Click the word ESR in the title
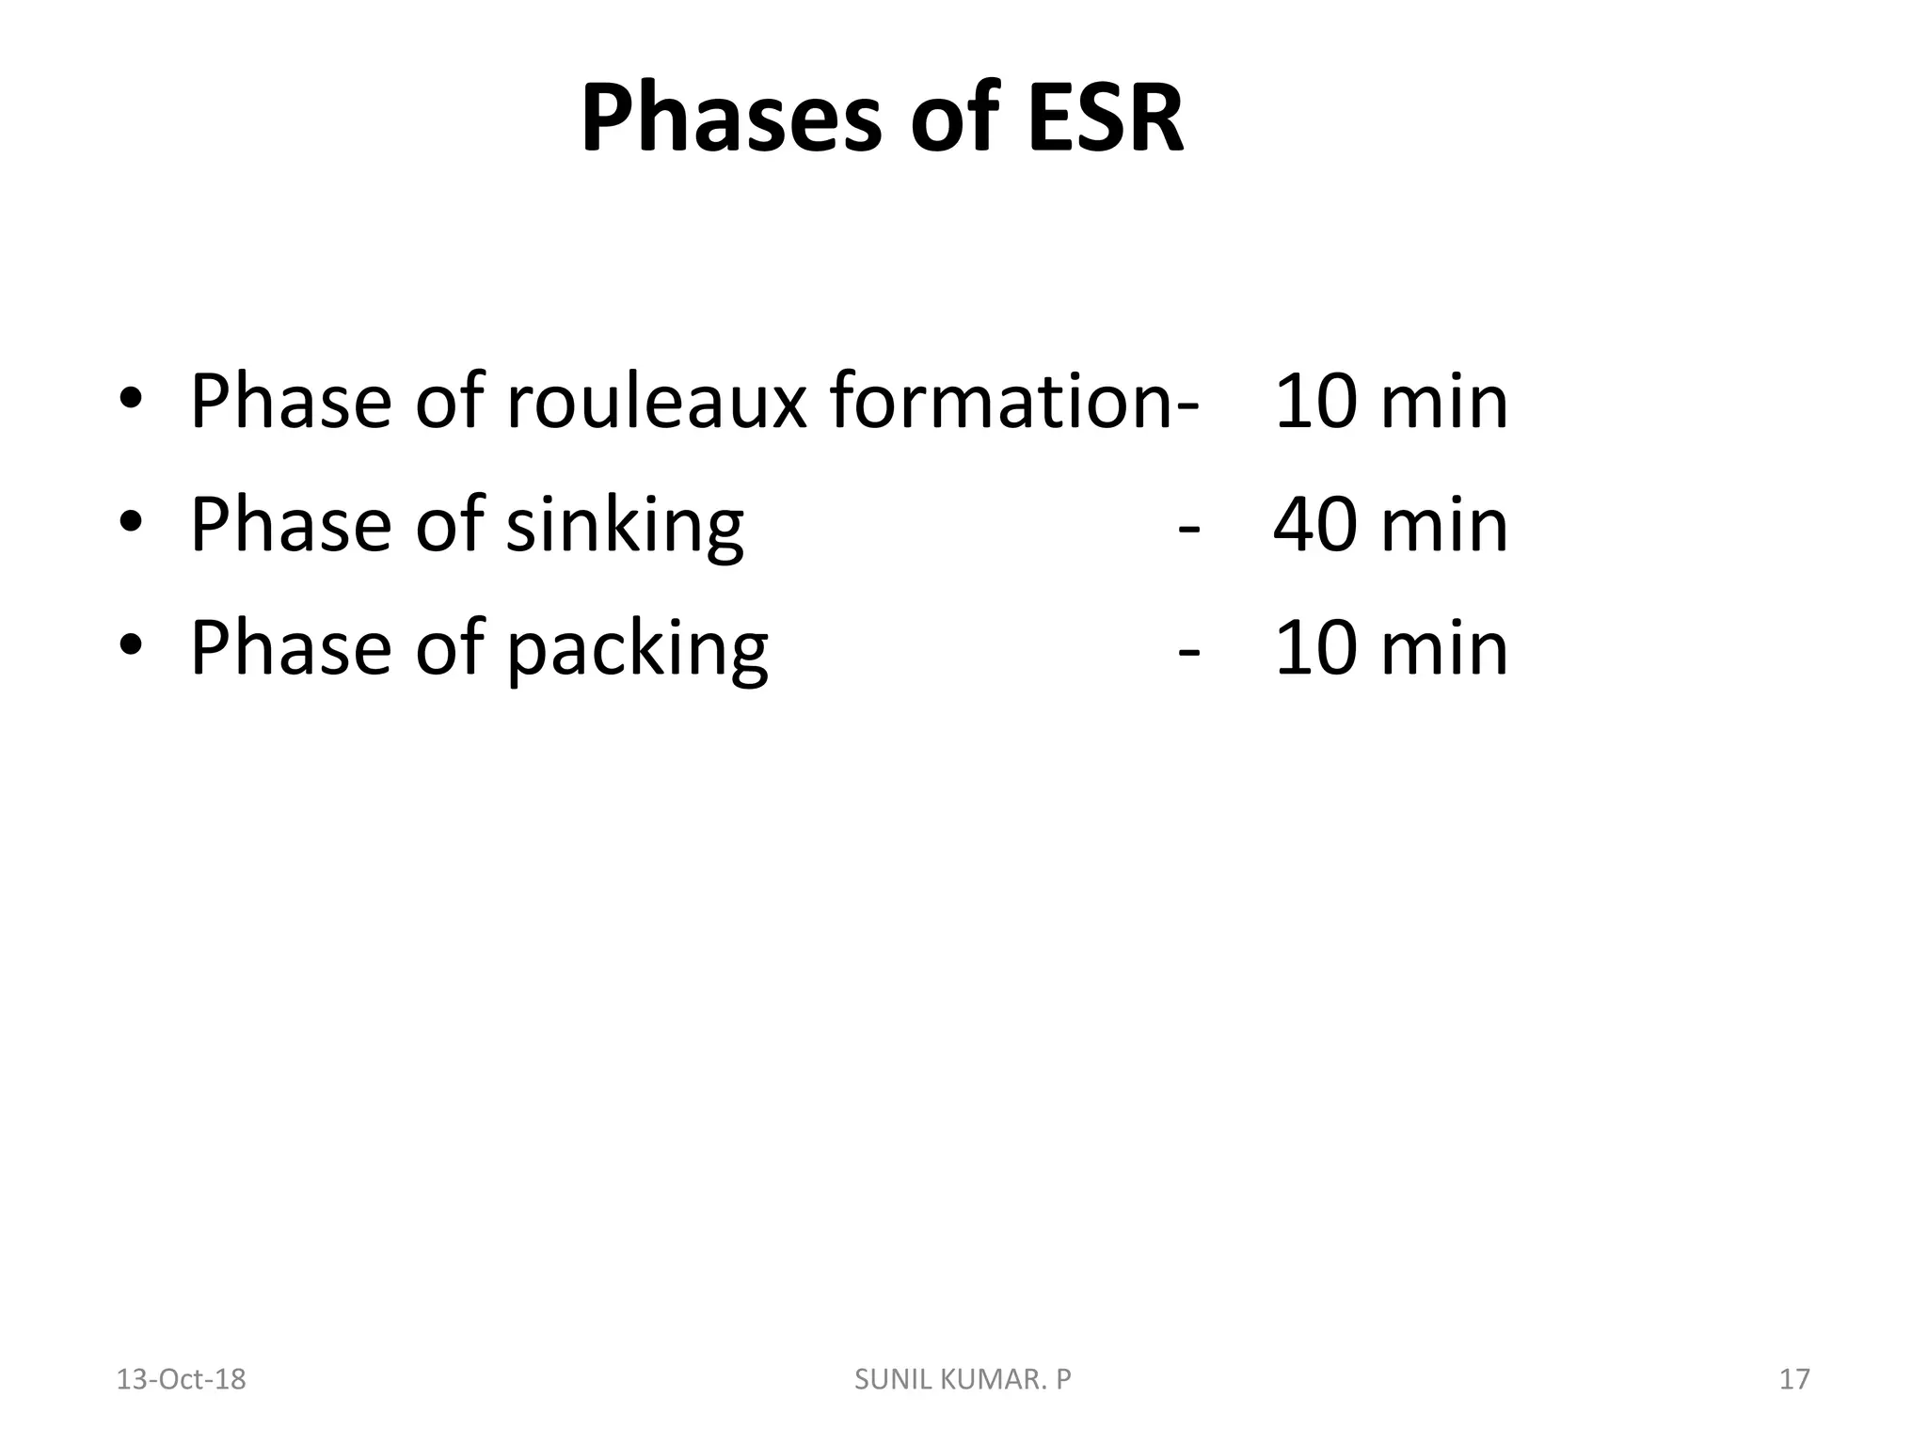[x=1105, y=119]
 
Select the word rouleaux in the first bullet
[x=656, y=403]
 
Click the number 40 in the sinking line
[x=1314, y=525]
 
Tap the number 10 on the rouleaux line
[x=1314, y=403]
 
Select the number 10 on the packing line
[x=1314, y=649]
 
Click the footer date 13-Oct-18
[x=181, y=1379]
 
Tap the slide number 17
[x=1794, y=1379]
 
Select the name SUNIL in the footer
[x=887, y=1379]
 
